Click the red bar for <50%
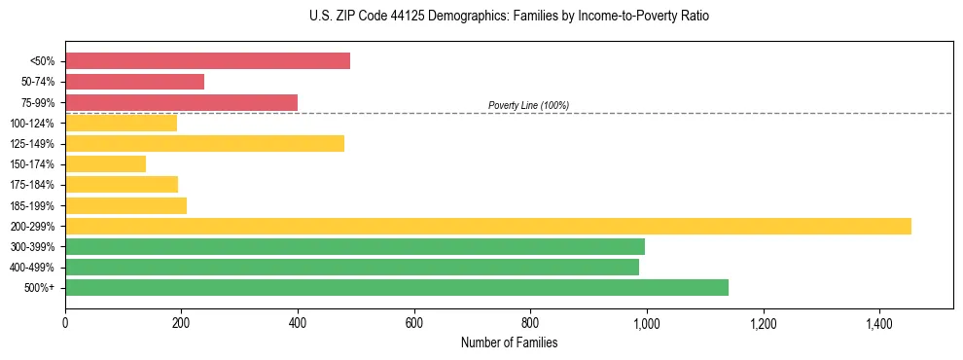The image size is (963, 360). (x=207, y=61)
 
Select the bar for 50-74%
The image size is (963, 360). (x=134, y=82)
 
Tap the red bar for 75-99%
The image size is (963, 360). (x=181, y=102)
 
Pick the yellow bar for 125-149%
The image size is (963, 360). (x=204, y=144)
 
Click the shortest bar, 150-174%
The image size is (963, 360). (x=105, y=164)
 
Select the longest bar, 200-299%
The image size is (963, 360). (x=487, y=226)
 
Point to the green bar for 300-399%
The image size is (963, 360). (x=354, y=246)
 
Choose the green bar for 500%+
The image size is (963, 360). (x=396, y=287)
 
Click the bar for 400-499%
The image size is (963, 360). (x=351, y=267)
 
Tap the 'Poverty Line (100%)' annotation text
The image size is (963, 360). (x=528, y=105)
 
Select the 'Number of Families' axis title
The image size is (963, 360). (x=509, y=342)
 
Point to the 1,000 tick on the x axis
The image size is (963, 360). (x=647, y=323)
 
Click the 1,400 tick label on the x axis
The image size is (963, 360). (x=879, y=323)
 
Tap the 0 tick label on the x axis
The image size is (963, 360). (x=65, y=323)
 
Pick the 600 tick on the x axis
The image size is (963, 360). (x=414, y=323)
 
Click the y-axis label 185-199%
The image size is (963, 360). (x=32, y=205)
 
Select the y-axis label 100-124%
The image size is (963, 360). (x=32, y=124)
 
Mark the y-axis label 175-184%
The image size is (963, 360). (x=32, y=185)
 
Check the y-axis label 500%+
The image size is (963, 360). (x=39, y=288)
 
